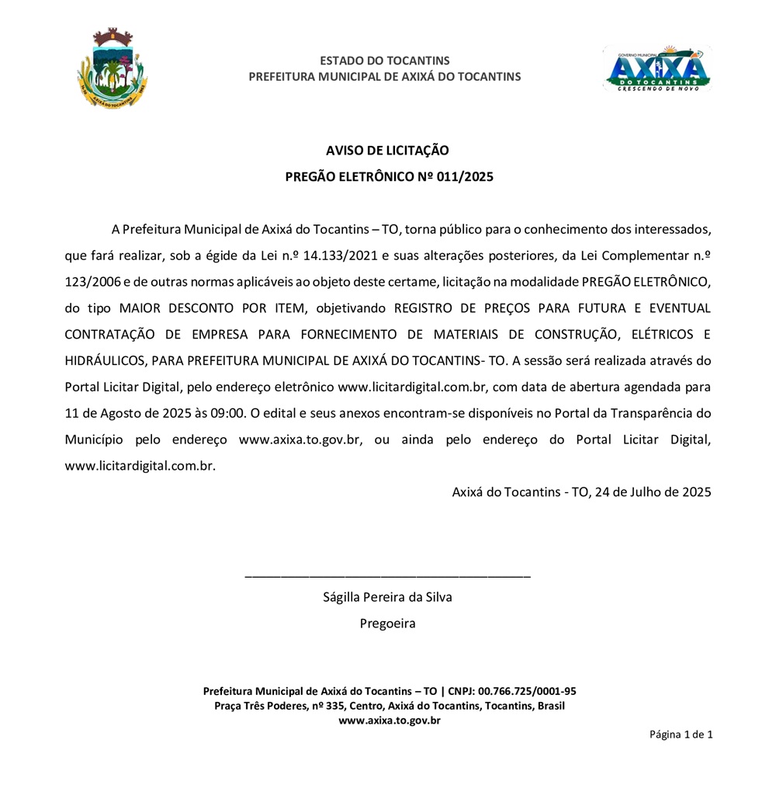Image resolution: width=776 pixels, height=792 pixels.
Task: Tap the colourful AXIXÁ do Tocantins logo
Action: [656, 68]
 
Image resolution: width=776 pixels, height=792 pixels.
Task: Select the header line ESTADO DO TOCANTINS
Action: [384, 61]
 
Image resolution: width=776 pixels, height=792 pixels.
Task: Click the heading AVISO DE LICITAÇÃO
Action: [387, 151]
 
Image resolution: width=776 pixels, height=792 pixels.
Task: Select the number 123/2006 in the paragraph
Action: [92, 281]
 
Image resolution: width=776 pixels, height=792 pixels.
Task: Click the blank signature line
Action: [387, 575]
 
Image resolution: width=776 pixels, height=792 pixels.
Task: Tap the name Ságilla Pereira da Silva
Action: [387, 597]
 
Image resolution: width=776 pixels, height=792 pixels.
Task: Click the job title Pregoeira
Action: [387, 623]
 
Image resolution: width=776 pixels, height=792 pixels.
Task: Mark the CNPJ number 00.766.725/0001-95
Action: [527, 691]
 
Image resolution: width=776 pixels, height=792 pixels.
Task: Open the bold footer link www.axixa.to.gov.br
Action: [390, 721]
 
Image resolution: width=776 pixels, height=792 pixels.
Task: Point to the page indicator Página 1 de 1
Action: [681, 735]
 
